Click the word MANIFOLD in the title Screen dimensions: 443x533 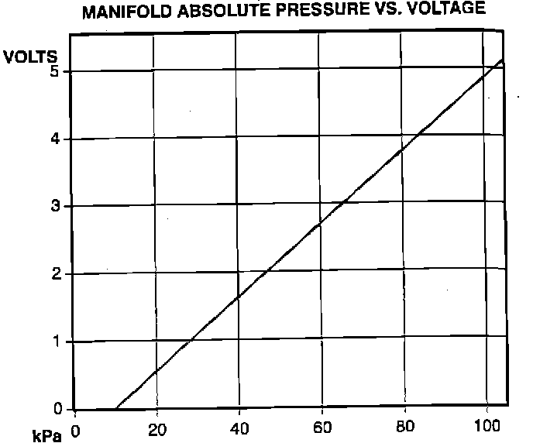[x=126, y=11]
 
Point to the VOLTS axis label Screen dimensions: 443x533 [x=30, y=57]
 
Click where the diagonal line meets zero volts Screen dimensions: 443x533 [x=115, y=408]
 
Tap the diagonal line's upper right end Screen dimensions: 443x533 [x=504, y=60]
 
